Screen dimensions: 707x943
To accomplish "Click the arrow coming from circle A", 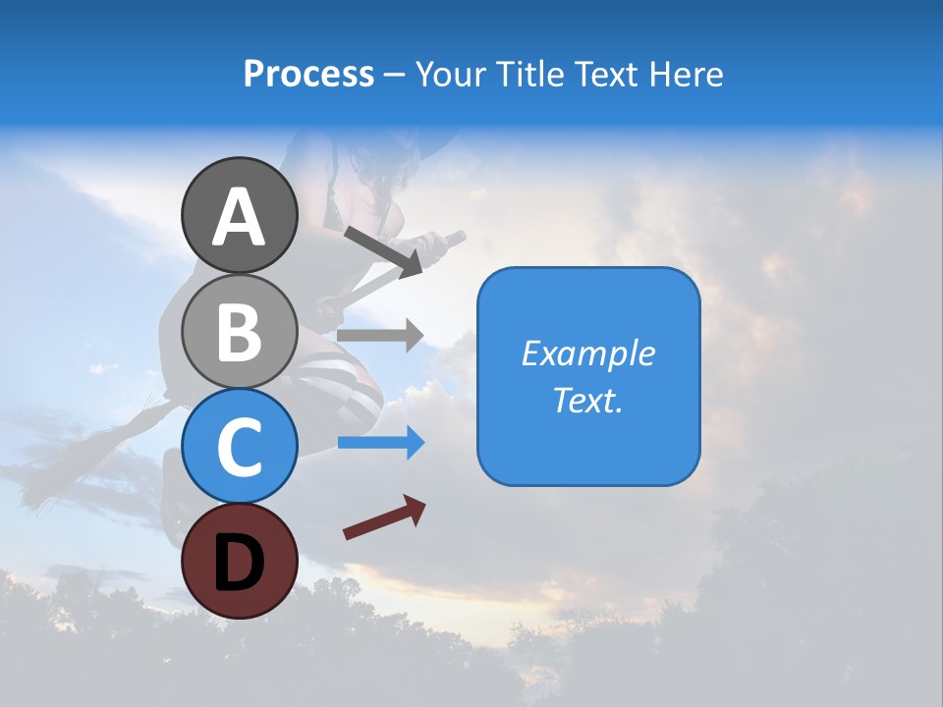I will pyautogui.click(x=383, y=250).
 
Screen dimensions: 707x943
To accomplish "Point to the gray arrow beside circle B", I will pyautogui.click(x=380, y=335).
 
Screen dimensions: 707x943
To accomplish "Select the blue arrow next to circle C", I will pyautogui.click(x=381, y=443).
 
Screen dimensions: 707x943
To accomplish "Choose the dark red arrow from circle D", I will pyautogui.click(x=384, y=517).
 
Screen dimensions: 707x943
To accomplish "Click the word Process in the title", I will pyautogui.click(x=308, y=74).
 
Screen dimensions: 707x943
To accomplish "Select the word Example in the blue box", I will pyautogui.click(x=588, y=353).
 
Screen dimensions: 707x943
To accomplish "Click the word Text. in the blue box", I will pyautogui.click(x=588, y=400).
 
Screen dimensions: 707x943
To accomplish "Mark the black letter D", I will pyautogui.click(x=239, y=562).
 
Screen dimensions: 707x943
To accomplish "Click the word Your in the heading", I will pyautogui.click(x=452, y=74).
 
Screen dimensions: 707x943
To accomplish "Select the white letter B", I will pyautogui.click(x=239, y=332).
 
